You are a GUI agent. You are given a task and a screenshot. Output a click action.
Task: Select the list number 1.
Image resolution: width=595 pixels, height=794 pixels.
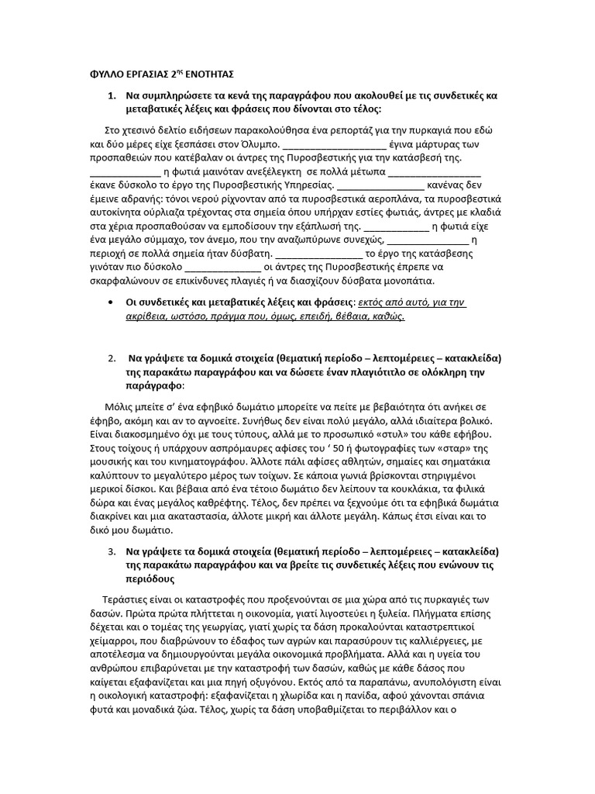pyautogui.click(x=111, y=95)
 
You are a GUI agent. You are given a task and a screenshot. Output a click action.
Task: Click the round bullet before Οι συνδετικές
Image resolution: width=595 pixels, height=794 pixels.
pyautogui.click(x=114, y=302)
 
